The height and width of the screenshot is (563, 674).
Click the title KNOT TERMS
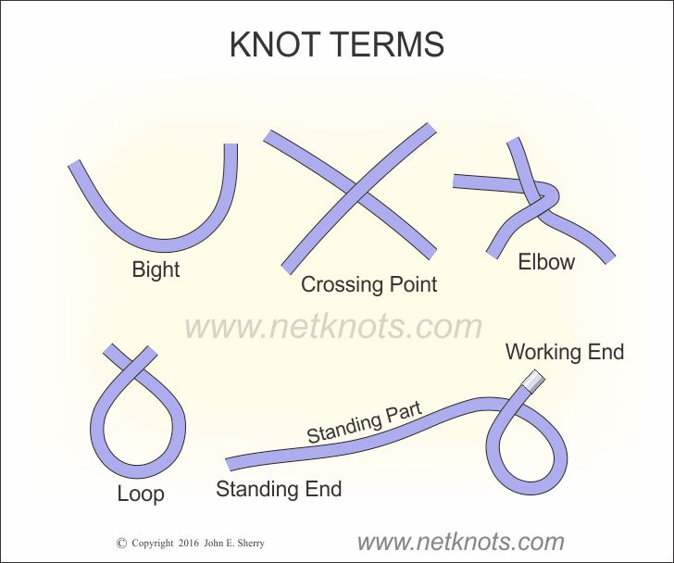click(x=337, y=44)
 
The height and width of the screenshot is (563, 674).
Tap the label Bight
click(x=156, y=270)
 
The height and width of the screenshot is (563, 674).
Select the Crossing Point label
click(x=368, y=284)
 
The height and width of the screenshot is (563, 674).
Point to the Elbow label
click(x=546, y=262)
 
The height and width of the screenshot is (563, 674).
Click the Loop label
click(x=141, y=494)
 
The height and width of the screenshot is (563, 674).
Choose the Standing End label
click(x=279, y=489)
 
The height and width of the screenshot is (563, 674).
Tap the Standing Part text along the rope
click(x=363, y=423)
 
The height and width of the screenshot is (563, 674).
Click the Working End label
click(x=565, y=352)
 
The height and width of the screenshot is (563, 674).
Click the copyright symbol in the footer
click(x=121, y=544)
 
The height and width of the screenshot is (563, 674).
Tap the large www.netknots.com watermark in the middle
click(x=333, y=326)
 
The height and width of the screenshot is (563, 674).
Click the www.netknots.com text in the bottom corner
click(x=460, y=542)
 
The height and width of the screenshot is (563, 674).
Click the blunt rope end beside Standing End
click(x=229, y=463)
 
